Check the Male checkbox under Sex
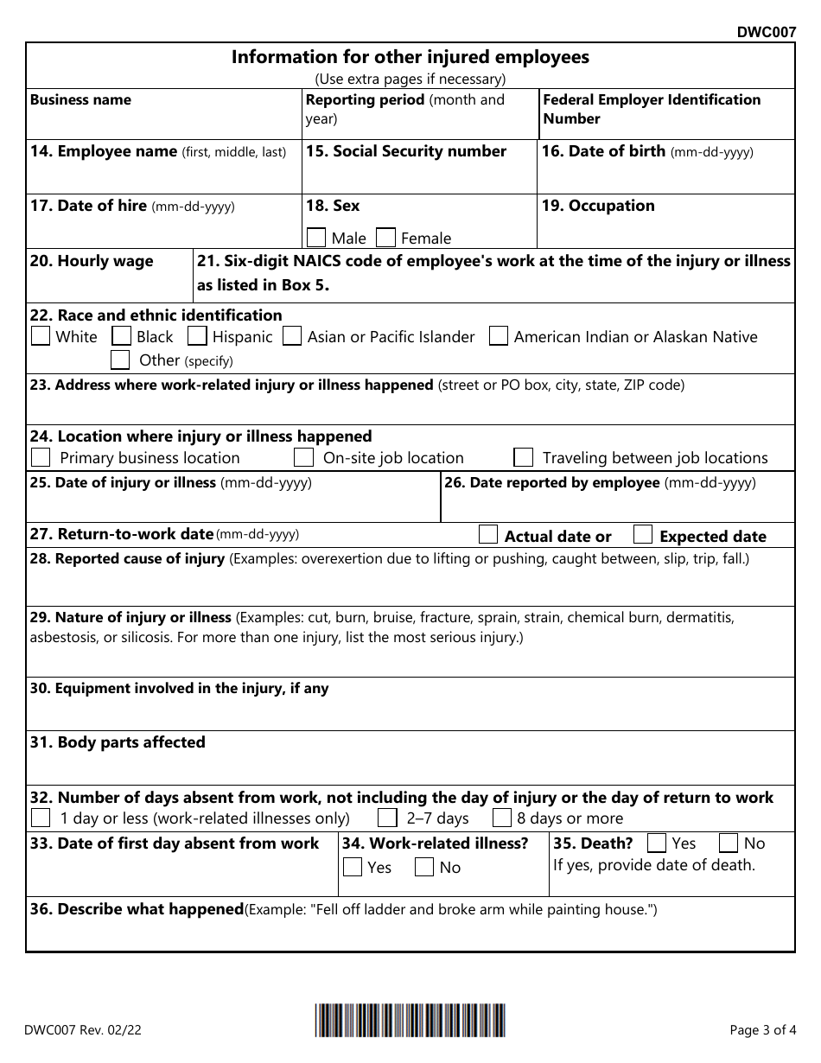[316, 238]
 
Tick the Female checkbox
[386, 238]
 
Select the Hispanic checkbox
[197, 336]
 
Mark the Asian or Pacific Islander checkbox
[292, 336]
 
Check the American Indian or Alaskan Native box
[498, 336]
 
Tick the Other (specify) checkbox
[121, 360]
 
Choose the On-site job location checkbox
[303, 457]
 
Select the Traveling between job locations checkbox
[523, 457]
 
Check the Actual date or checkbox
[488, 535]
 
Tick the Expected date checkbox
[643, 535]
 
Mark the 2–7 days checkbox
[388, 818]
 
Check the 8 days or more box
[502, 818]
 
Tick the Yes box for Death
[657, 843]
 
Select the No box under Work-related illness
[424, 867]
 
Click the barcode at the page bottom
[410, 1021]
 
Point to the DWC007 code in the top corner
[766, 33]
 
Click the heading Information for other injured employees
[410, 57]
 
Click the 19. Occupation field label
[598, 206]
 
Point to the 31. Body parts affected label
[118, 742]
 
